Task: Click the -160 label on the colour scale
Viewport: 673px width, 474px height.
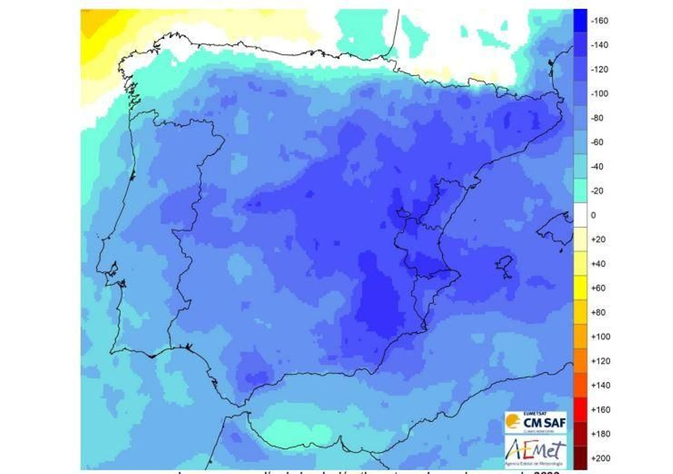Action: click(599, 21)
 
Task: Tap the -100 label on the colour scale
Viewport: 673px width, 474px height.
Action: click(599, 93)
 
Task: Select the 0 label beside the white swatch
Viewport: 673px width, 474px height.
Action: click(593, 215)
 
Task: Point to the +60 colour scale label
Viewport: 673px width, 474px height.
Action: click(598, 288)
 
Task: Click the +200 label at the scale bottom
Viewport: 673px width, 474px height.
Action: click(600, 458)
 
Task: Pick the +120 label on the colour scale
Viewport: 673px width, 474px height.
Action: click(600, 361)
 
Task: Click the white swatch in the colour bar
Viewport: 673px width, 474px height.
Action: click(580, 215)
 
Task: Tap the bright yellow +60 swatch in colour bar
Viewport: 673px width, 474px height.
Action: click(580, 288)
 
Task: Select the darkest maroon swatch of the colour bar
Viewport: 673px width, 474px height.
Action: click(580, 458)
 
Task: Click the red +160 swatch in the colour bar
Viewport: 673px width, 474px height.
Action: click(580, 410)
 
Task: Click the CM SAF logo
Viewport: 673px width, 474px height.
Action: click(535, 422)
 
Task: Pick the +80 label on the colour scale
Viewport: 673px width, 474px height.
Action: click(598, 312)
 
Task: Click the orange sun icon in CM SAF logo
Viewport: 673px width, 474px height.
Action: click(513, 421)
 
